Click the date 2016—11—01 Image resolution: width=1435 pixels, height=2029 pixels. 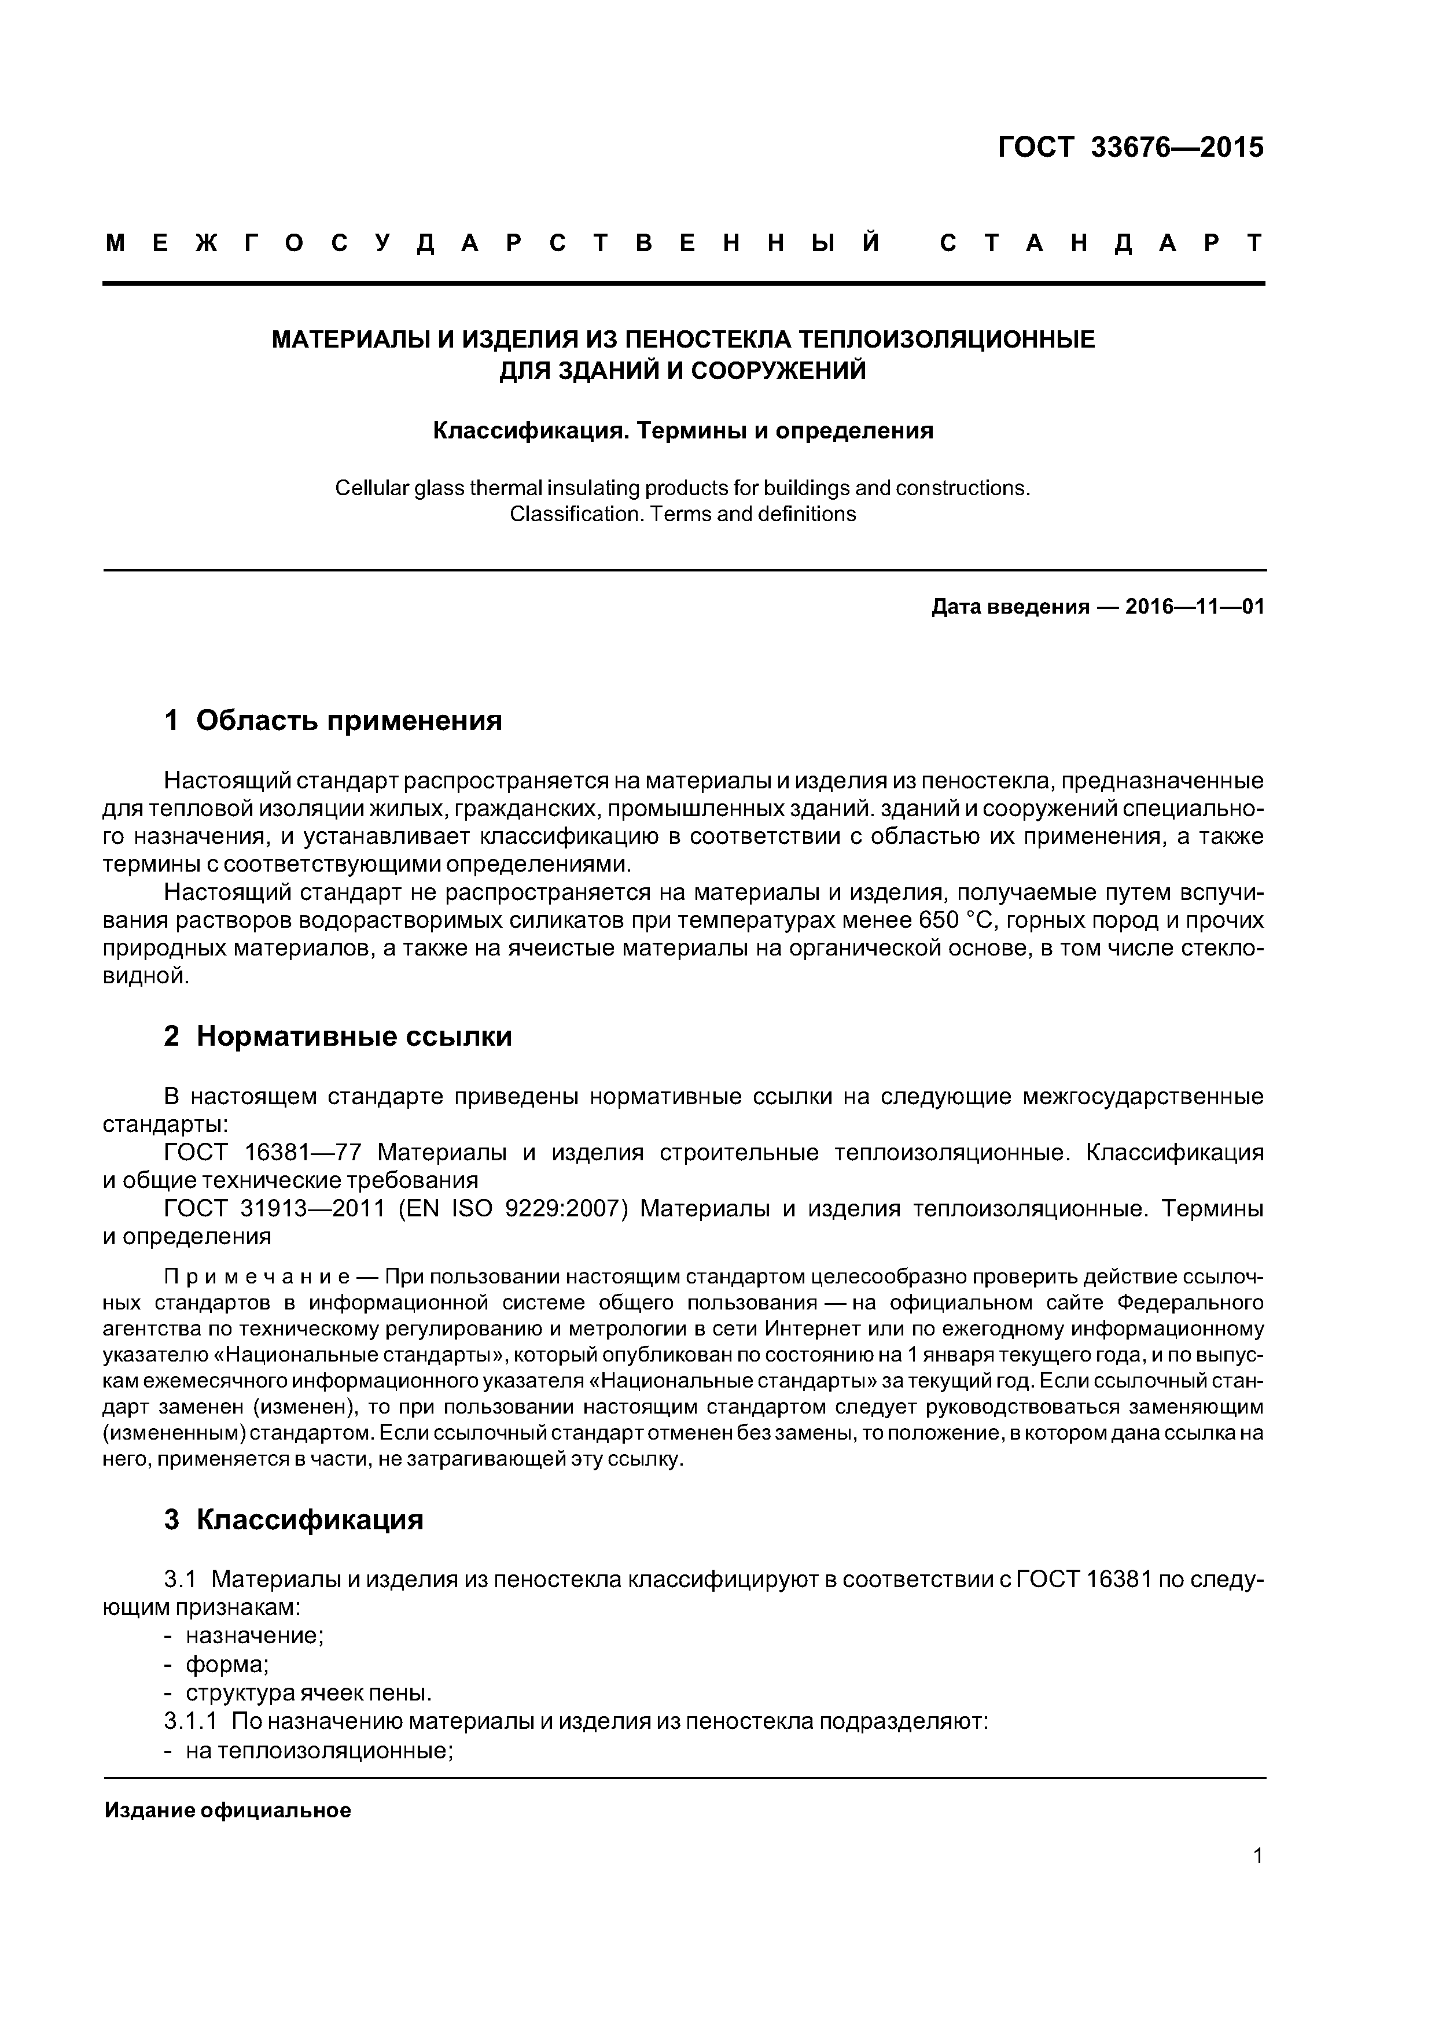point(1194,607)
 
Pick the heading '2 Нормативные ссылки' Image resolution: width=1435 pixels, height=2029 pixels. point(338,1036)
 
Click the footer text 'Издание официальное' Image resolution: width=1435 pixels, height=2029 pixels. point(227,1811)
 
